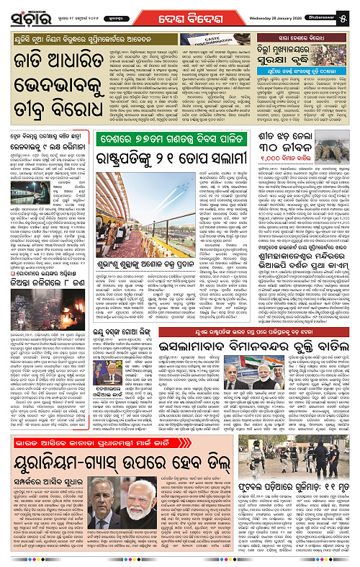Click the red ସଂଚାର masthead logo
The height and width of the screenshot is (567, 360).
24,12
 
